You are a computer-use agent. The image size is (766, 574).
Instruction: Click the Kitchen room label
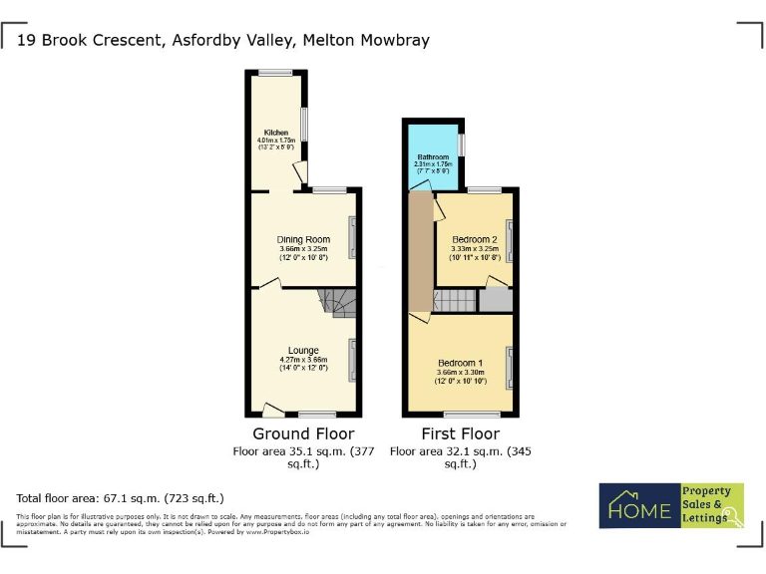pos(276,133)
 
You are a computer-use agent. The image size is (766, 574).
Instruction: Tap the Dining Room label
pos(303,239)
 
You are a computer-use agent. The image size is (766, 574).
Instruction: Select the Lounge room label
pos(303,350)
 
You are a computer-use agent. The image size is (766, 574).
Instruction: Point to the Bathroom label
pos(433,157)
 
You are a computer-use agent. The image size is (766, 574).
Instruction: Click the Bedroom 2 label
pos(474,240)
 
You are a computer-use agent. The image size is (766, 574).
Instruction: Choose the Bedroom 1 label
pos(460,363)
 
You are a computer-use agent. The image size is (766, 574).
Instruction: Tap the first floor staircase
pos(455,301)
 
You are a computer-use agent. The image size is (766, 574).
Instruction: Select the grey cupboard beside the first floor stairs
pos(496,300)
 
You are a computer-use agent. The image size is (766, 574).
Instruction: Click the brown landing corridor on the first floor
pos(420,259)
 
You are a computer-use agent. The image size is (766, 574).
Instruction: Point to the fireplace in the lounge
pos(352,360)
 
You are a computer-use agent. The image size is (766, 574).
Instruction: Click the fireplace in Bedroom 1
pos(510,368)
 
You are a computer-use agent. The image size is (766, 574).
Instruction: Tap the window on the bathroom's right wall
pos(462,144)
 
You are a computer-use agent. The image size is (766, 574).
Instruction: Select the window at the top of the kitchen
pos(276,72)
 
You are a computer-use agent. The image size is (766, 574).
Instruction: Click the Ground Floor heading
pos(303,433)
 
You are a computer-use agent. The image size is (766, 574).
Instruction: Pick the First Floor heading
pos(460,433)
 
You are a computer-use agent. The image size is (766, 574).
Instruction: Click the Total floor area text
pos(121,497)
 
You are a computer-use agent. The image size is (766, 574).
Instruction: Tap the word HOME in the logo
pos(639,511)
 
